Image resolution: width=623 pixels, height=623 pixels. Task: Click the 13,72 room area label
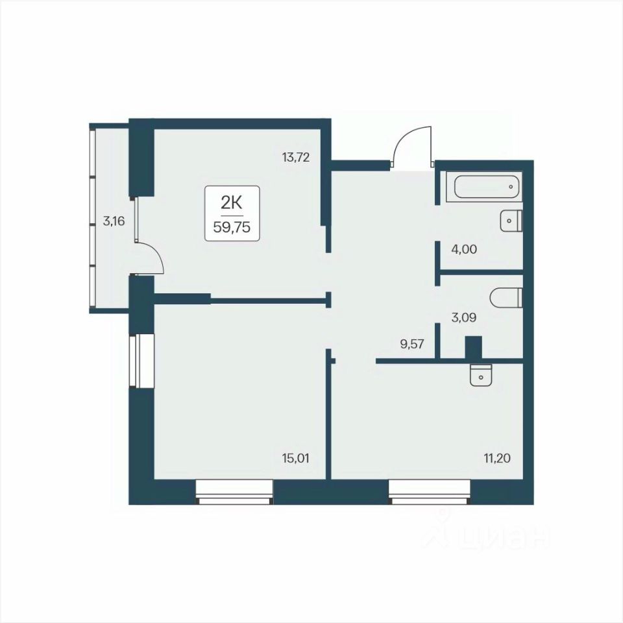point(296,157)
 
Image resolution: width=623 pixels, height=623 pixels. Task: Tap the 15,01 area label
point(295,459)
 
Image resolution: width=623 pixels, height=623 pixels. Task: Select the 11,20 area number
point(497,459)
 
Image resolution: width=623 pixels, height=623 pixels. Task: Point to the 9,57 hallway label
point(412,344)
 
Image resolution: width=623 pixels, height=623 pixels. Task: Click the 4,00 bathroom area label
point(464,249)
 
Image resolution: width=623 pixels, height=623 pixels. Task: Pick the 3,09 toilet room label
point(463,317)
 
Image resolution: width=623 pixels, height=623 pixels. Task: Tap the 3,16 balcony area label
point(114,221)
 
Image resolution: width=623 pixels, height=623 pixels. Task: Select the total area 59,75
point(232,227)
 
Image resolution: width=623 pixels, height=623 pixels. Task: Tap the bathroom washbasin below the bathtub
point(510,221)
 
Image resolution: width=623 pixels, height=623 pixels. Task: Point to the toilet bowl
point(506,298)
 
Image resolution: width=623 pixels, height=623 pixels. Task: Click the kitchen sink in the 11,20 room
point(481,375)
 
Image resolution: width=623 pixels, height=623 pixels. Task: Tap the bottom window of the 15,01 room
point(234,493)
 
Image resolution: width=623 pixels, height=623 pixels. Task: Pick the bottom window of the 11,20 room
point(430,493)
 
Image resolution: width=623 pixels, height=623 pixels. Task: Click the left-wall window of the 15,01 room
point(142,360)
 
